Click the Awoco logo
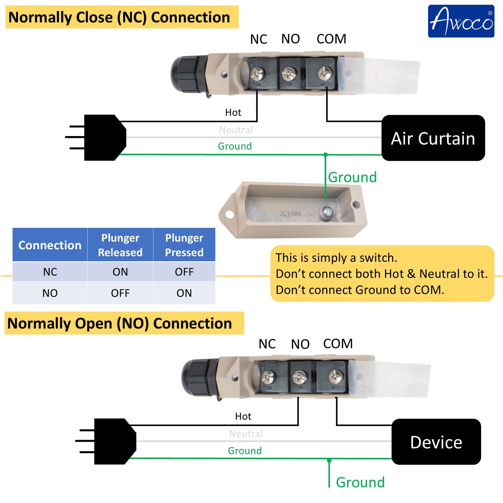pos(461,21)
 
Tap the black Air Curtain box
pos(433,138)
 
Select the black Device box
pos(436,442)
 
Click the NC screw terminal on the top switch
pos(258,73)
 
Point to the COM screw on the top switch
pos(325,73)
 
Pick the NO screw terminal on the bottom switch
pos(300,376)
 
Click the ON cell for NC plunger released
pos(120,272)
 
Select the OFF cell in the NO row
pos(120,293)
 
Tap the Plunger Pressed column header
pos(184,245)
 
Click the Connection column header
pos(50,245)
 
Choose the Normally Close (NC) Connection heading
pos(119,17)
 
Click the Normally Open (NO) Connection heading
pos(120,323)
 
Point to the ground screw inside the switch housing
pos(327,212)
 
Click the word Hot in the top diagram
pos(233,112)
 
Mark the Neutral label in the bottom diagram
pos(246,434)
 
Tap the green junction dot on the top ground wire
pos(325,155)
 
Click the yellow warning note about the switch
pos(382,274)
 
